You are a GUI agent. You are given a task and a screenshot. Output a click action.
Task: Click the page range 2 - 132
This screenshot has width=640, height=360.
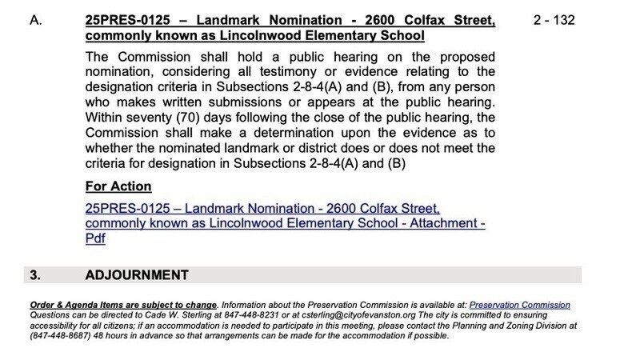coord(554,20)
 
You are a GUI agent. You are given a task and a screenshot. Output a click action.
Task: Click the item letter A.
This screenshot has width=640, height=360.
coord(34,20)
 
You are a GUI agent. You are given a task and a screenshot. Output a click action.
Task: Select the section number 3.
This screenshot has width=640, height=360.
coord(34,275)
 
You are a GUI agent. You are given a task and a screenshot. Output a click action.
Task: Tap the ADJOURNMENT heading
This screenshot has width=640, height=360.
coord(137,275)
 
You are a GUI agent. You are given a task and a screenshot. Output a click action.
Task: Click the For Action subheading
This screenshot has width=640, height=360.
coord(118,186)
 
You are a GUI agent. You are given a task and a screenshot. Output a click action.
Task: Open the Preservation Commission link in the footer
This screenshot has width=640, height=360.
coord(519,305)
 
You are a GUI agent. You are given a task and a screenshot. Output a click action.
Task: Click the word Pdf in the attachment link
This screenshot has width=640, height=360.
coord(95,238)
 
